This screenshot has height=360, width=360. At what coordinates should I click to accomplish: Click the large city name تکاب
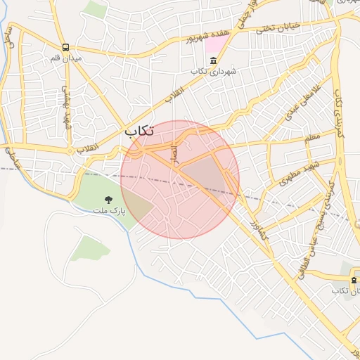140,131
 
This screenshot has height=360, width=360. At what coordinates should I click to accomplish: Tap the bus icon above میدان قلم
65,48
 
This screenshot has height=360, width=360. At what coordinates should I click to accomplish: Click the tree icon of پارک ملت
108,200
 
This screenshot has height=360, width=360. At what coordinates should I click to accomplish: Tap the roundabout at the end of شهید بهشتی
70,150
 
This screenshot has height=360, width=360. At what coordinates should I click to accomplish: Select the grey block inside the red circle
204,172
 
